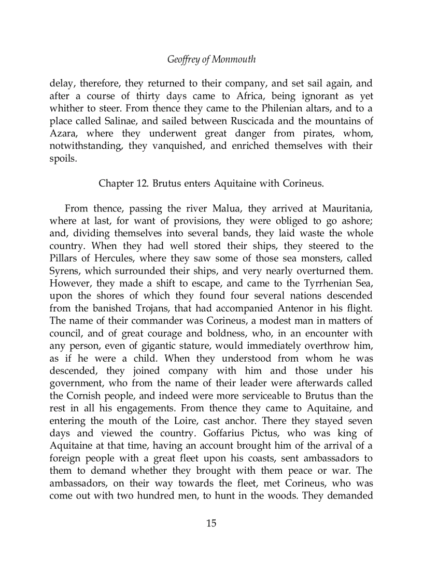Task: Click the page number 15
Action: click(x=211, y=523)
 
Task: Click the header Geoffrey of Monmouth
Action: click(x=211, y=60)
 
